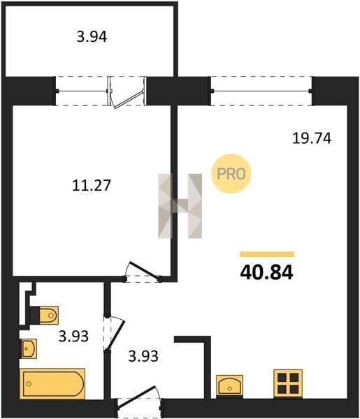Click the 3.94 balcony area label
[x=92, y=37]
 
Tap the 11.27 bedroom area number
[x=92, y=186]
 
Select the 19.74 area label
[x=312, y=138]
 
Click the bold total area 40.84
[x=266, y=272]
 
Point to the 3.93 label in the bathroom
[x=73, y=336]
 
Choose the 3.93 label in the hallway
[x=143, y=356]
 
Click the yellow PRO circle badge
[x=231, y=174]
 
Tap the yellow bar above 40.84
[x=267, y=254]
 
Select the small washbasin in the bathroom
[x=29, y=348]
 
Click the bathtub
[x=52, y=383]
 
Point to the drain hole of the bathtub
[x=29, y=383]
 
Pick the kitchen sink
[x=229, y=385]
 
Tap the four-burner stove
[x=288, y=383]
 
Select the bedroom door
[x=143, y=272]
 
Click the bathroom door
[x=114, y=332]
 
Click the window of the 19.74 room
[x=262, y=91]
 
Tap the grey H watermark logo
[x=180, y=206]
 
